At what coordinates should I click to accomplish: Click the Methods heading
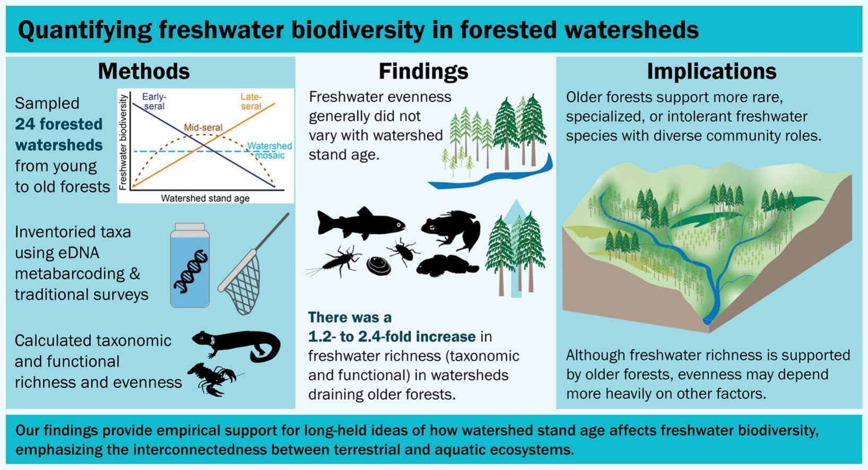point(144,71)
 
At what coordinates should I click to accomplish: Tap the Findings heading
point(423,72)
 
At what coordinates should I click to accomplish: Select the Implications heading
point(712,72)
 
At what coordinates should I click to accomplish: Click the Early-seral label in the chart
point(154,101)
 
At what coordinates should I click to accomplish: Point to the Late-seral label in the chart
point(251,101)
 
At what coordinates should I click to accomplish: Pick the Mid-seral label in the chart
point(203,127)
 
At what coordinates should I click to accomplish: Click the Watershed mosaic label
point(270,151)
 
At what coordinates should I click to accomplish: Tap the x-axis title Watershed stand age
point(205,198)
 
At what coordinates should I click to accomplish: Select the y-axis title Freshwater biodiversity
point(123,143)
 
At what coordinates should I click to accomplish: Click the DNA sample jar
point(190,265)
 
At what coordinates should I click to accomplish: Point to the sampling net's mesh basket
point(241,282)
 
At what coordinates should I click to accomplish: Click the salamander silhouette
point(237,345)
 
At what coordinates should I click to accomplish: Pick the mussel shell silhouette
point(379,266)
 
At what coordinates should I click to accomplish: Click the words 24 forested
point(59,124)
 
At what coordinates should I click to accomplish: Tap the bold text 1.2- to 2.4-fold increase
point(392,336)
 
